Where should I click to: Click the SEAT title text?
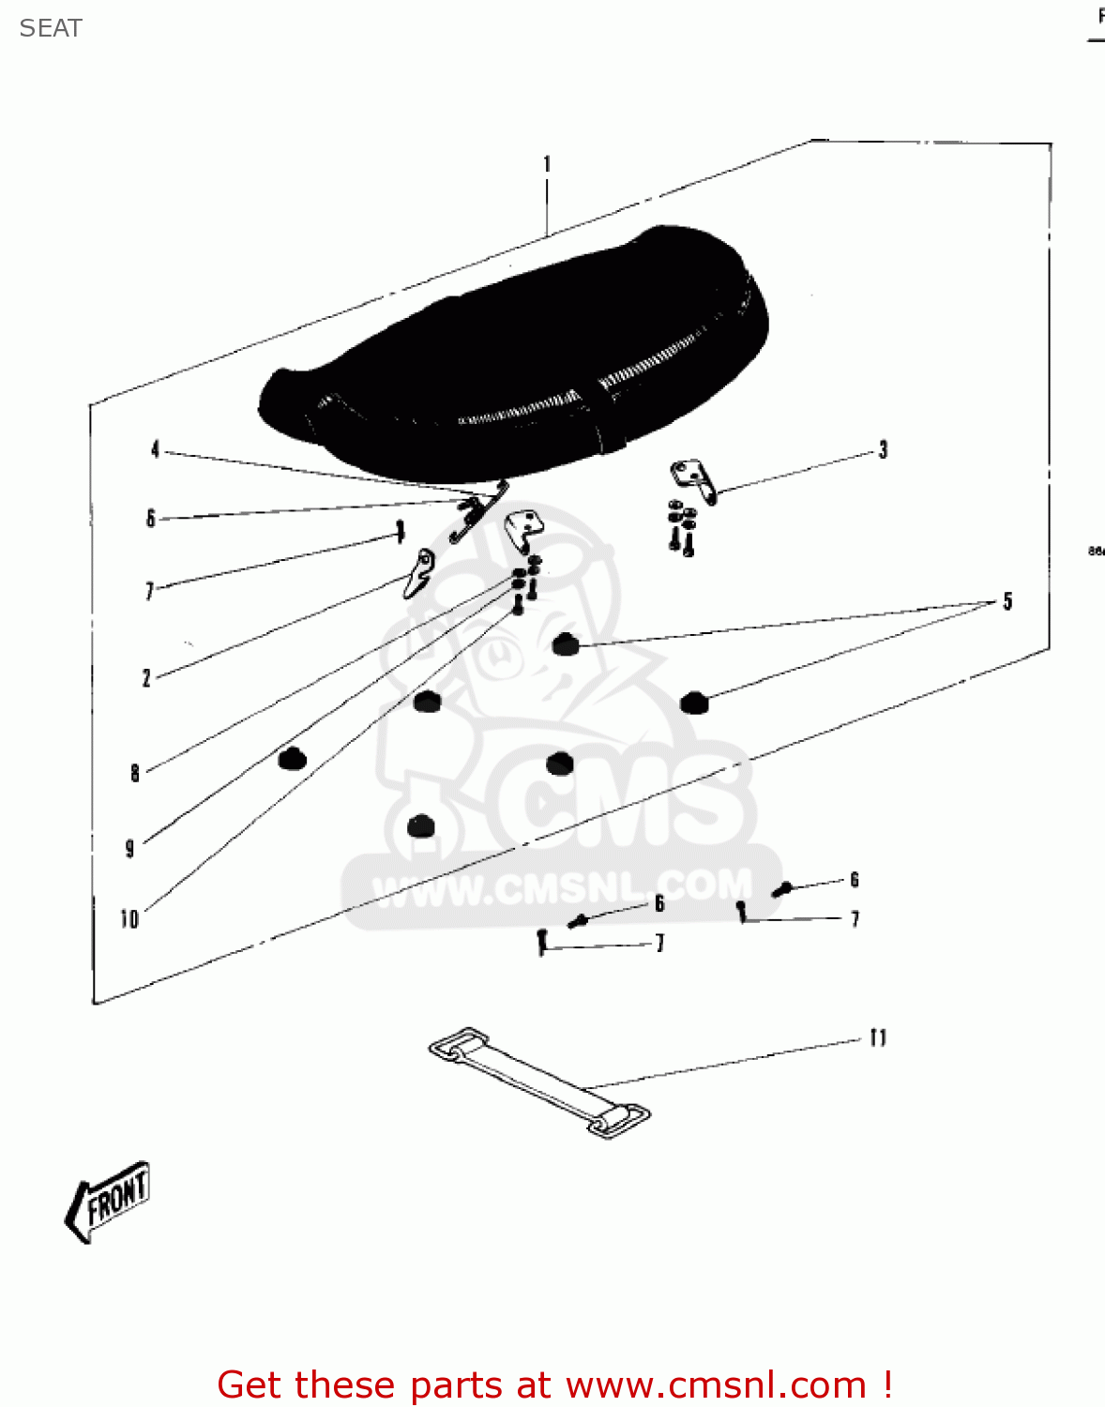coord(51,28)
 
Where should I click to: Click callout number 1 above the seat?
coord(547,165)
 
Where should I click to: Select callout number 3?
coord(883,450)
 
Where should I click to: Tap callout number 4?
coord(155,450)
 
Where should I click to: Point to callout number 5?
coord(1007,601)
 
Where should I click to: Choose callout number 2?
coord(146,678)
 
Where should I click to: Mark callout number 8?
coord(135,773)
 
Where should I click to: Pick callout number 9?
coord(129,849)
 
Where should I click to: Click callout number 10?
coord(129,919)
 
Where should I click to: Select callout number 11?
coord(878,1037)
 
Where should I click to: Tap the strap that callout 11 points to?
coord(538,1082)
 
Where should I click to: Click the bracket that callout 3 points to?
coord(694,478)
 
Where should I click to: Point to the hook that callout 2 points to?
coord(419,572)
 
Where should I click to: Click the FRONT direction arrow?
coord(108,1202)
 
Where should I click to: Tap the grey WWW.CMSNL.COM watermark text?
coord(563,886)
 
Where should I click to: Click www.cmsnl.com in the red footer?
coord(716,1384)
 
